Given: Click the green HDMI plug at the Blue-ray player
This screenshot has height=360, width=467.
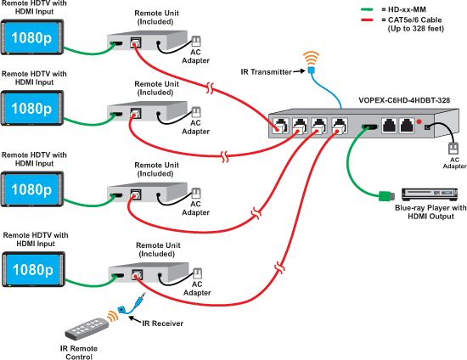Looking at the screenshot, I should pyautogui.click(x=383, y=197).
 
